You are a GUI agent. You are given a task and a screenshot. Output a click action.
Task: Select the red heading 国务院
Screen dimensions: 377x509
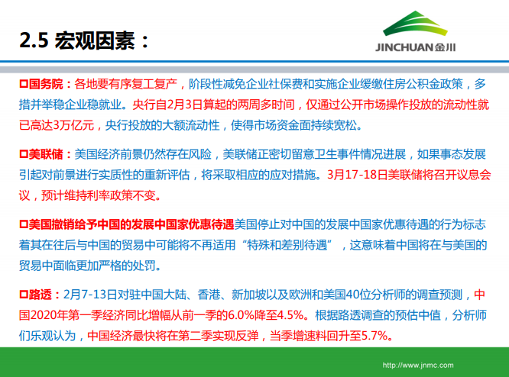coord(45,82)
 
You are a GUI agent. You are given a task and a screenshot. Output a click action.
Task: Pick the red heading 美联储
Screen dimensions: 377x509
coord(45,153)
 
